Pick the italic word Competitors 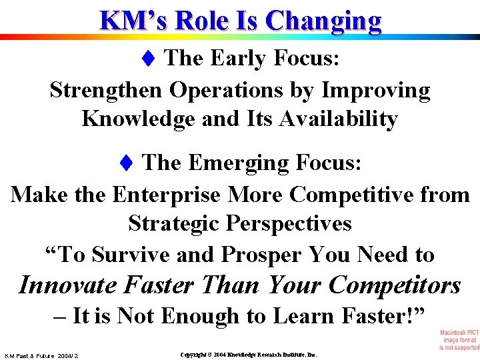[x=397, y=285]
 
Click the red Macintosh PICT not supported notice [x=459, y=339]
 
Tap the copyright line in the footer [x=249, y=355]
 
